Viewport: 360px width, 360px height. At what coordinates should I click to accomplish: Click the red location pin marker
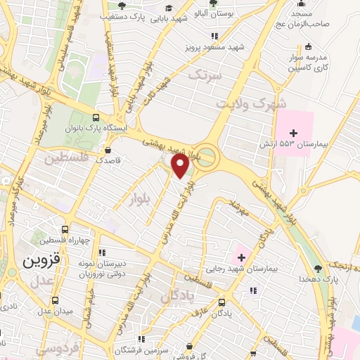click(181, 167)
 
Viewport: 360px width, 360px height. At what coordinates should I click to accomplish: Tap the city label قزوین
click(28, 262)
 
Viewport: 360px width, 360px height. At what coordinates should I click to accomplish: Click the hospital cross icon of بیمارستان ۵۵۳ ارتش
click(294, 133)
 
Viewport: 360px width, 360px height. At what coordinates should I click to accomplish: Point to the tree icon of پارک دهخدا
click(319, 268)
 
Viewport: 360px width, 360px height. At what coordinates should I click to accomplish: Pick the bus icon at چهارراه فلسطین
click(65, 229)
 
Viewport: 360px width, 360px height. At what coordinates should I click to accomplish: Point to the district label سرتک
click(209, 74)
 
